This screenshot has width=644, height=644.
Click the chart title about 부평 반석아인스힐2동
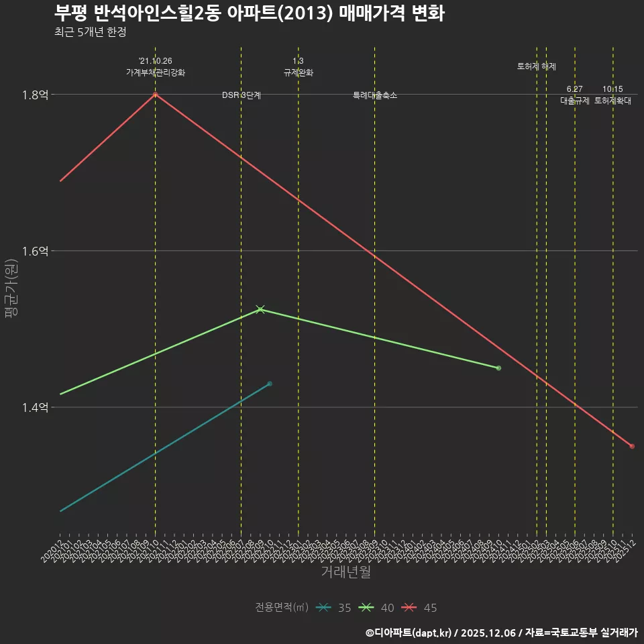pos(249,13)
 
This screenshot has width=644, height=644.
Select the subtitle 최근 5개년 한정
pos(91,32)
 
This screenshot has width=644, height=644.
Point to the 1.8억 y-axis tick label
pos(35,95)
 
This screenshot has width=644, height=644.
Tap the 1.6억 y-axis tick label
pos(35,251)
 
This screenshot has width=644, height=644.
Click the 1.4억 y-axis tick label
pos(35,407)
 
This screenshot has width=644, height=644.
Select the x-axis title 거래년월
pos(345,572)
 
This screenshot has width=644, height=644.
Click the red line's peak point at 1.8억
pos(155,95)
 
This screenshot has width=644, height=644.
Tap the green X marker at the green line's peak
pos(260,309)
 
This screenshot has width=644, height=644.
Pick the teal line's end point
pos(270,384)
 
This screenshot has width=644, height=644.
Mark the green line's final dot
pos(498,368)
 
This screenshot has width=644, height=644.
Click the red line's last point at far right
pos(632,446)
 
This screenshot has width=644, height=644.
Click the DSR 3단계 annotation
pos(241,96)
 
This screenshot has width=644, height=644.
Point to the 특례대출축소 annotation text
pos(375,96)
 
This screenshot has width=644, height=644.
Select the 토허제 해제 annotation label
pos(537,66)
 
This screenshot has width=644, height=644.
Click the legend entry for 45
pos(420,608)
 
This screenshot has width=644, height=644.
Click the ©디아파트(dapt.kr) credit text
pos(409,632)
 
